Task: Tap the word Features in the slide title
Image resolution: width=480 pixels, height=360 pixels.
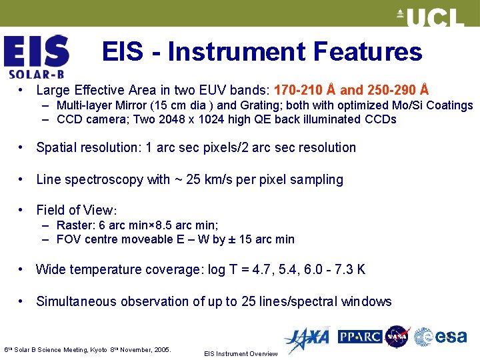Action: click(x=367, y=52)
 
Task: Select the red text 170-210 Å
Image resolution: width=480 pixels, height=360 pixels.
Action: click(x=305, y=90)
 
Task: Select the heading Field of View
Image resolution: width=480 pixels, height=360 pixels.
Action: click(x=76, y=210)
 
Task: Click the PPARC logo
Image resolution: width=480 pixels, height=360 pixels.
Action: click(x=359, y=337)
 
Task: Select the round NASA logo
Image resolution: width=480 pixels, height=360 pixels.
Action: click(x=397, y=337)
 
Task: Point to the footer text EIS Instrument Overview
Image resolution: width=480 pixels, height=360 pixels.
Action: click(x=240, y=354)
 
